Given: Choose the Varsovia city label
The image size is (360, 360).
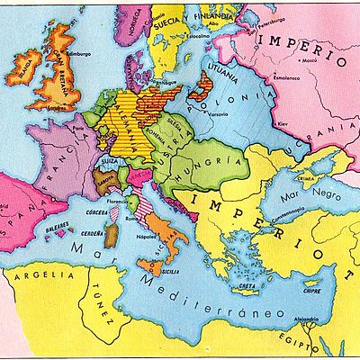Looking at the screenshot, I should (222, 113).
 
